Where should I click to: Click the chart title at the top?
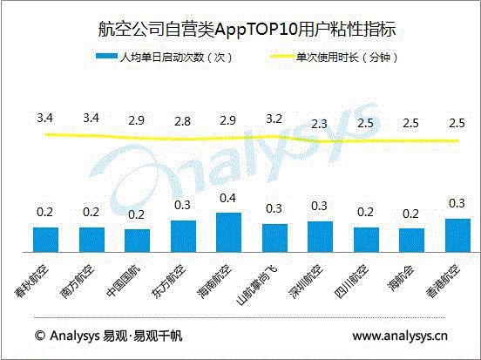coord(240,29)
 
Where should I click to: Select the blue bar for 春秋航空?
coord(44,239)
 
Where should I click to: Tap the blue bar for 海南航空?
coord(227,232)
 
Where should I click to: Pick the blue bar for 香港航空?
coord(456,234)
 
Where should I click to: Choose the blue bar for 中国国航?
coord(137,240)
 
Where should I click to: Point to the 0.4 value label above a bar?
coord(227,198)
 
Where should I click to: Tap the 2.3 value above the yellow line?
coord(319,123)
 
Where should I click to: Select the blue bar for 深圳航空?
coord(319,236)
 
